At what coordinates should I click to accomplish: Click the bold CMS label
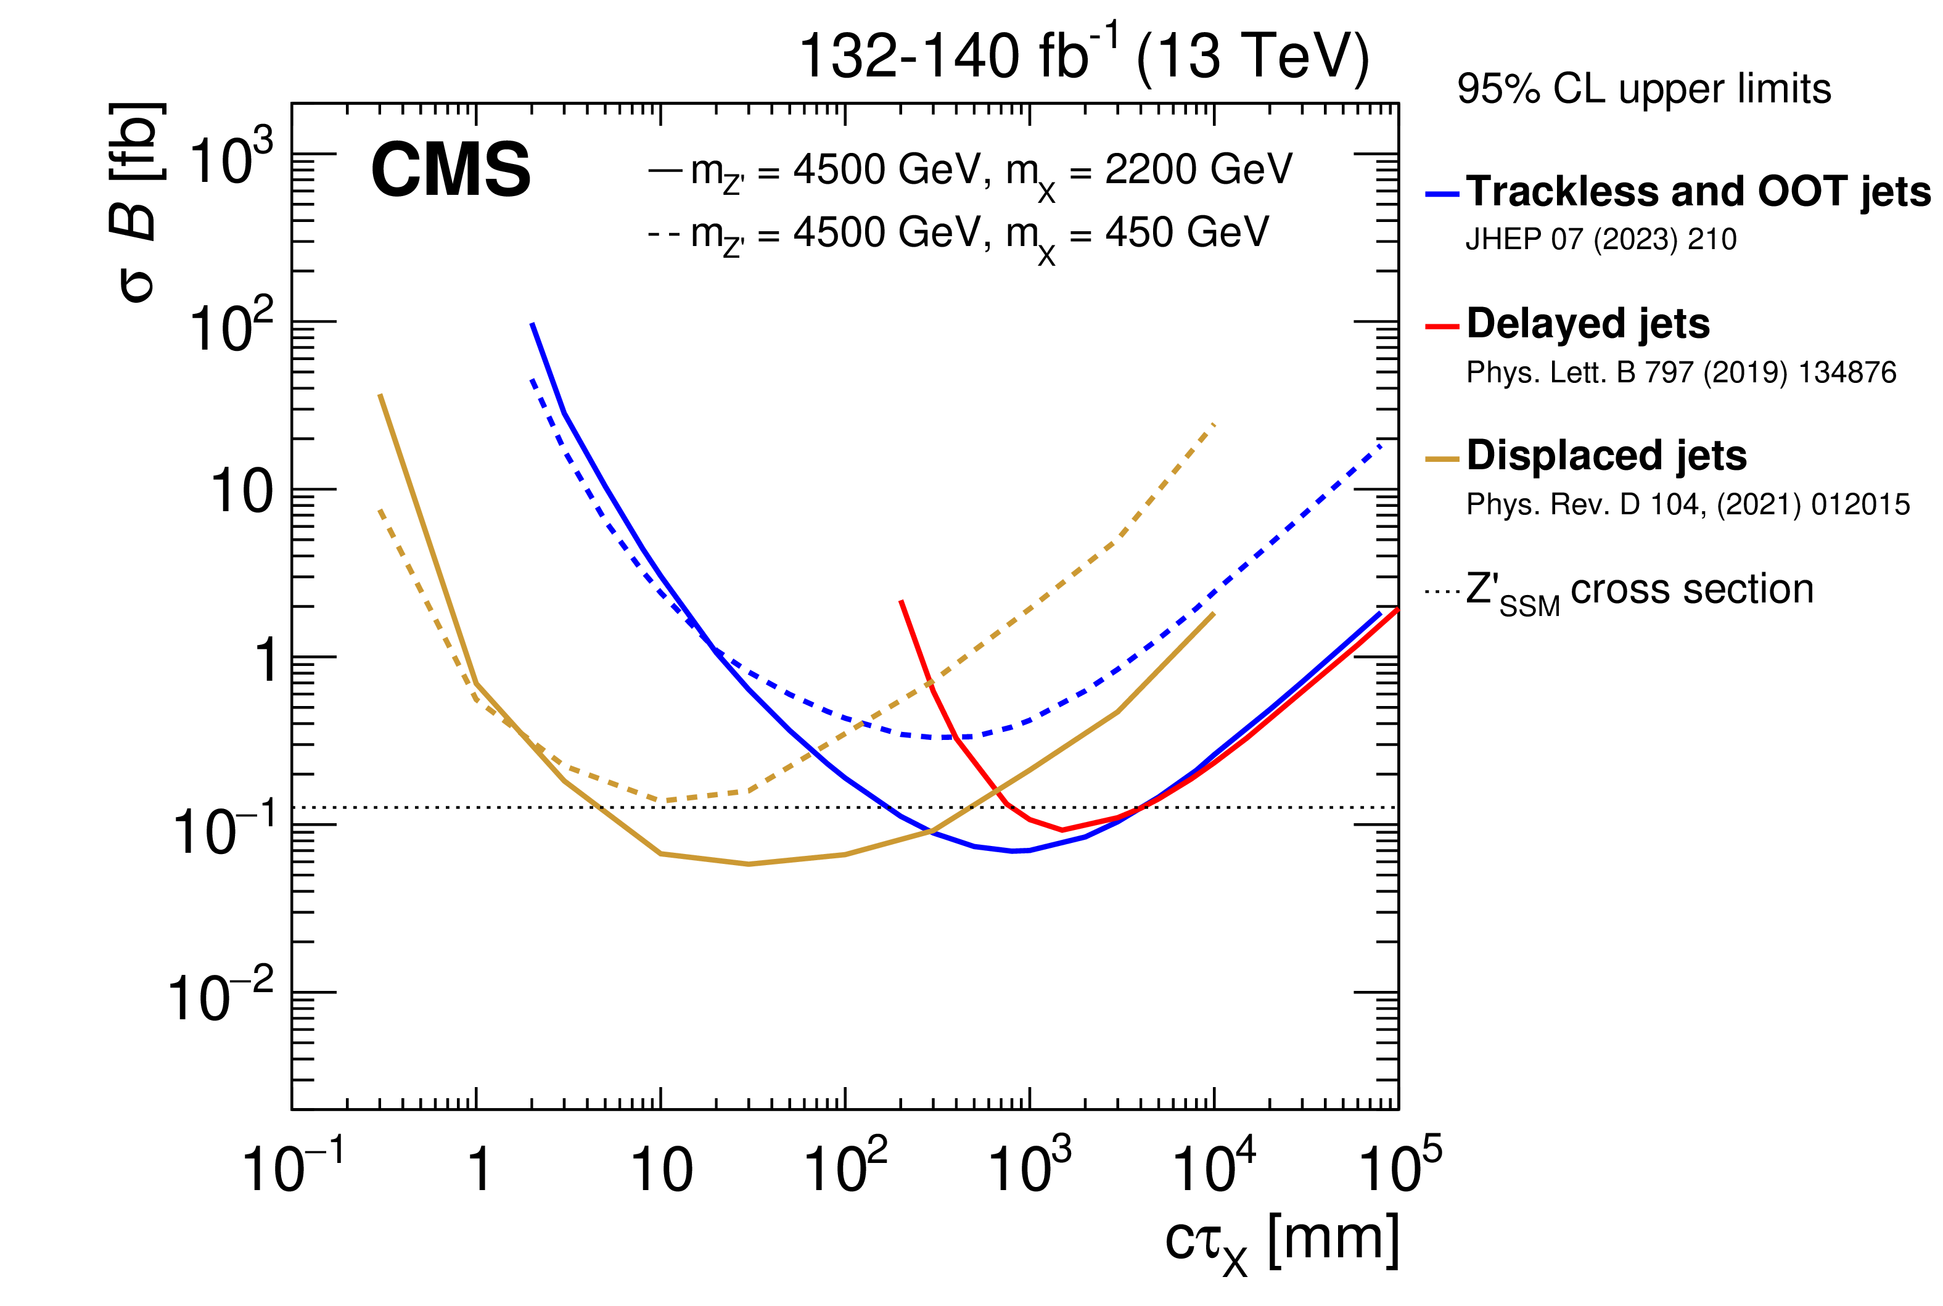tap(451, 170)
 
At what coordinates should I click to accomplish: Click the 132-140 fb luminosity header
tap(1083, 57)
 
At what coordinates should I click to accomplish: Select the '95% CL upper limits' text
tap(1643, 89)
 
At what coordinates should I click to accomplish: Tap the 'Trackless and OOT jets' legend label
tap(1698, 192)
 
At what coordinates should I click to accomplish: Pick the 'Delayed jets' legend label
tap(1587, 323)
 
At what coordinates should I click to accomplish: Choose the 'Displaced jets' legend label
tap(1606, 456)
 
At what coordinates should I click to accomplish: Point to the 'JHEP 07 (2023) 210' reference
tap(1601, 240)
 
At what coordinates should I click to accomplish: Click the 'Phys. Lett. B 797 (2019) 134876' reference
tap(1681, 372)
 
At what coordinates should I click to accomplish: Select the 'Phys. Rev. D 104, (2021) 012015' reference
tap(1687, 505)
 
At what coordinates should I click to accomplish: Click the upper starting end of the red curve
tap(901, 601)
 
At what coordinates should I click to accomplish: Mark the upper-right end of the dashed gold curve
tap(1214, 425)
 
